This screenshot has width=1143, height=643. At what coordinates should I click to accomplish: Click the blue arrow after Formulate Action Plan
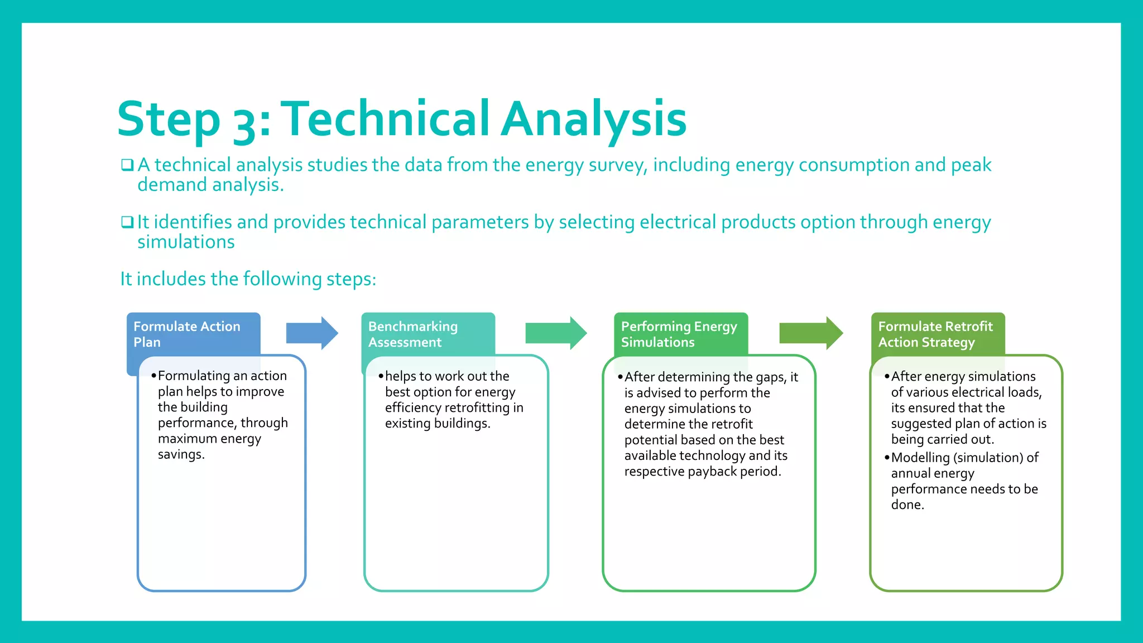coord(311,333)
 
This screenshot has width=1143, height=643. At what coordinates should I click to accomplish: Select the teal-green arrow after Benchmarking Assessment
coord(555,333)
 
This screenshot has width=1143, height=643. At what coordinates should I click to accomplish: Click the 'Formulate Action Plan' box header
coord(187,334)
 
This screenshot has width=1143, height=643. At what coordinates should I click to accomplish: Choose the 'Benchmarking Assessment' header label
coord(413,334)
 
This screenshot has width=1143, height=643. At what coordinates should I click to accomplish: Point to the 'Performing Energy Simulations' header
coord(679,334)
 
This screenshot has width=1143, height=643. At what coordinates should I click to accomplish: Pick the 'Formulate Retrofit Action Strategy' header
coord(935,334)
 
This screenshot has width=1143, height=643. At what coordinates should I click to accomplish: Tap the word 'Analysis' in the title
coord(593,119)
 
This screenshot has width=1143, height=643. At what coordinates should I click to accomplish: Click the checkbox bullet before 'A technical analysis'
coord(127,165)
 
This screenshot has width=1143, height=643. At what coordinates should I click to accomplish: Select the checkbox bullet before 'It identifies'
coord(127,222)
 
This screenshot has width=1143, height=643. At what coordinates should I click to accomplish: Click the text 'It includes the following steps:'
coord(248,279)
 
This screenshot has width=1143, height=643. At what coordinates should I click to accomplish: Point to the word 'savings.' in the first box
coord(181,454)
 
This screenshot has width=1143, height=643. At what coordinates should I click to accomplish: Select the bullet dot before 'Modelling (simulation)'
coord(887,458)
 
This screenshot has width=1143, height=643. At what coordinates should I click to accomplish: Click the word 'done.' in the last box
coord(907,505)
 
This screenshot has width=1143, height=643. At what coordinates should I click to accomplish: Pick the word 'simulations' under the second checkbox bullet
coord(186,242)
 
